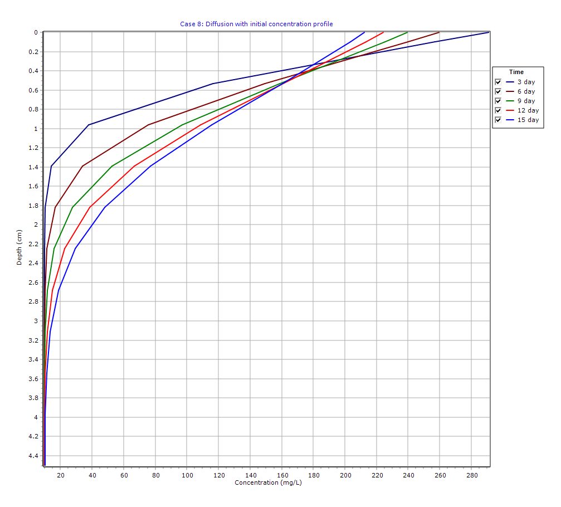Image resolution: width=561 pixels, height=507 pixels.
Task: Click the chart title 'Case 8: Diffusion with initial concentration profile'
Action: pos(256,24)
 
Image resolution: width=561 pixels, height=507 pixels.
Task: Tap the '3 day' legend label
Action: pos(525,82)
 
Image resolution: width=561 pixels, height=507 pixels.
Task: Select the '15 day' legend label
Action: pos(528,120)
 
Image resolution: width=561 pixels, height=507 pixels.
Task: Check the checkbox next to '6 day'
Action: pos(498,91)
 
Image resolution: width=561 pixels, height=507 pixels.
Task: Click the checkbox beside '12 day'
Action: pos(498,110)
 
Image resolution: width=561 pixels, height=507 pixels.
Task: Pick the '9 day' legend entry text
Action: pos(525,101)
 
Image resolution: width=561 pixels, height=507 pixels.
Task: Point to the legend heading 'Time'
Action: pos(516,72)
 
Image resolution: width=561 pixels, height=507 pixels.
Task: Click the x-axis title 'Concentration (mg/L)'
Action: pos(268,482)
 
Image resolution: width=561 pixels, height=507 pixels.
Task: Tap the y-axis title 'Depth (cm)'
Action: pos(19,247)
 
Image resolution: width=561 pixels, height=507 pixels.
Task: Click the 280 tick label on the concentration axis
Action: pos(471,475)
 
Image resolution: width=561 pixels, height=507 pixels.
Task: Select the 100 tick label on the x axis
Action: pos(187,475)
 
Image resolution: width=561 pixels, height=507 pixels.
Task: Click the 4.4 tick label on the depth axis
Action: pos(33,456)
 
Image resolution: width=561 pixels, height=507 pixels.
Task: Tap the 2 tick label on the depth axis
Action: pos(36,225)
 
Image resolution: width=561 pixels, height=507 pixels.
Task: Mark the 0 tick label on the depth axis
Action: pos(36,32)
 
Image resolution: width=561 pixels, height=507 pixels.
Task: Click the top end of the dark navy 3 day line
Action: pos(489,32)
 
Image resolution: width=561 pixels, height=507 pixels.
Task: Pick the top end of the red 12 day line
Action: pos(383,32)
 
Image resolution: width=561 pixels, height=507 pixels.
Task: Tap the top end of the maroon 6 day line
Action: pos(439,32)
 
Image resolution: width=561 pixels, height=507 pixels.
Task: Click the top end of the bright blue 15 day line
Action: pos(364,32)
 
